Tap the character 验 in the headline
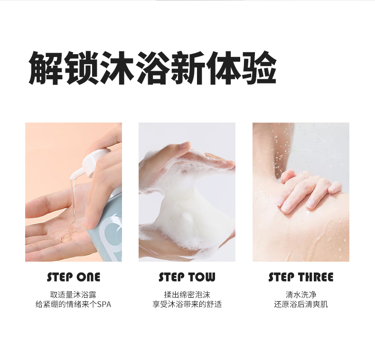click(x=259, y=68)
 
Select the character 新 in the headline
click(x=188, y=68)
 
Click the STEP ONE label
click(x=74, y=277)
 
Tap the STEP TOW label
click(x=187, y=277)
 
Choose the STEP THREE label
click(x=301, y=277)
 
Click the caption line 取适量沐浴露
click(x=73, y=294)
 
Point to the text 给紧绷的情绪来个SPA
click(x=73, y=304)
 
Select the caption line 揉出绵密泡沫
click(x=187, y=294)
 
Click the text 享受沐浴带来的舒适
click(x=187, y=304)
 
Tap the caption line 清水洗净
click(x=301, y=294)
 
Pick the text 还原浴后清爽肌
click(x=301, y=304)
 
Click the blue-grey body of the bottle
click(x=108, y=227)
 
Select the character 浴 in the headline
click(x=152, y=68)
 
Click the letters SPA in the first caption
click(x=104, y=304)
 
